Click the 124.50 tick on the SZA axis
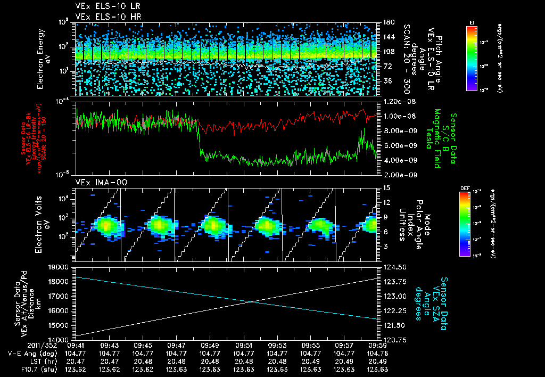pyautogui.click(x=393, y=267)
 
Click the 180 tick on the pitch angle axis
pyautogui.click(x=388, y=22)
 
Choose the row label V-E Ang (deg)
pyautogui.click(x=31, y=353)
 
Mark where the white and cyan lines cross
pyautogui.click(x=251, y=302)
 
